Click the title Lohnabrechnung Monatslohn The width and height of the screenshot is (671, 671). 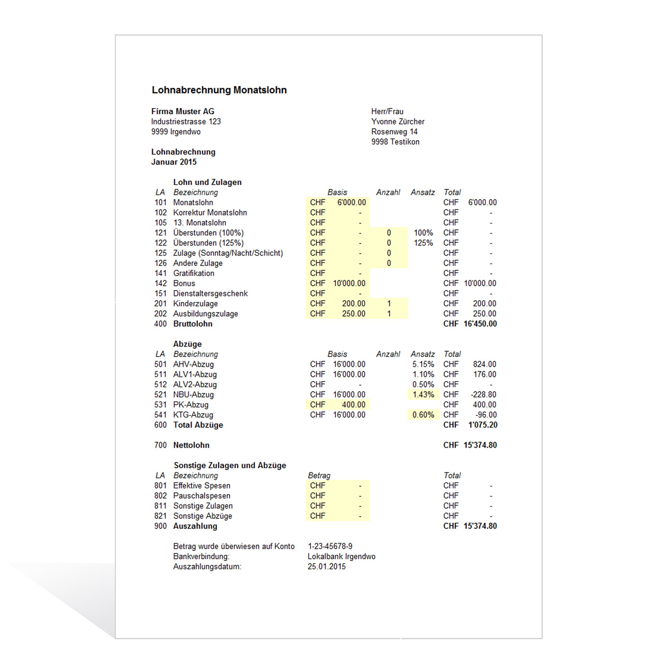[219, 90]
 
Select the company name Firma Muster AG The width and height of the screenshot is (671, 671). [183, 111]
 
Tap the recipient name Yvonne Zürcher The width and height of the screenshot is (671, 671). [398, 122]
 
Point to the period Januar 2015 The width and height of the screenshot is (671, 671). [174, 162]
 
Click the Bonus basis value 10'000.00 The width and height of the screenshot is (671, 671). [349, 284]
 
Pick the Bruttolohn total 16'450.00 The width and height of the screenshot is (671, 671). [480, 324]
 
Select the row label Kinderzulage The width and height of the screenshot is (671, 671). [195, 304]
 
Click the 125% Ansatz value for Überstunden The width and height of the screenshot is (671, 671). [423, 243]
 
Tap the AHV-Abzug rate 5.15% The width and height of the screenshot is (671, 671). [423, 365]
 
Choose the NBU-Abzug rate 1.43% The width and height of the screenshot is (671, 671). [423, 395]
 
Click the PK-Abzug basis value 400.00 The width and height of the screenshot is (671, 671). [353, 405]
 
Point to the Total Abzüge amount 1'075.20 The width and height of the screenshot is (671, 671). [483, 425]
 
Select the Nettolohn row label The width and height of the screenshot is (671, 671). [191, 445]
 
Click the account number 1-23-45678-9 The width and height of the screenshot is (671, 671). [330, 546]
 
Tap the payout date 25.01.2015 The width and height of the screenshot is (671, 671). [327, 567]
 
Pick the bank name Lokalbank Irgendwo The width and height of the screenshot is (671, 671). [341, 556]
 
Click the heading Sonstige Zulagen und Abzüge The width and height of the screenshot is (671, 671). [230, 465]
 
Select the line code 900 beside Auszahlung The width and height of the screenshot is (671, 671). [160, 526]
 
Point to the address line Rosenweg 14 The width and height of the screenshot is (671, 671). [394, 132]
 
